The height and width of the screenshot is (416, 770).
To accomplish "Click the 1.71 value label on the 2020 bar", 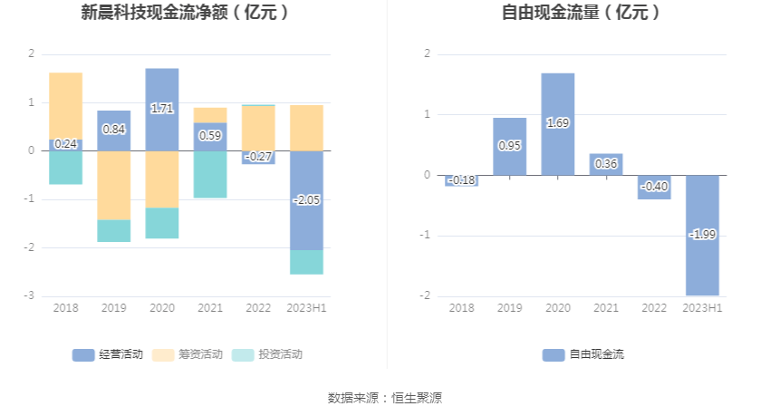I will click(162, 109).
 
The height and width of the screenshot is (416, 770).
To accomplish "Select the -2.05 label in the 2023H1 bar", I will click(307, 200).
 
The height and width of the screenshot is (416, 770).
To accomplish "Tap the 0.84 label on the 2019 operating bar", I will click(114, 130).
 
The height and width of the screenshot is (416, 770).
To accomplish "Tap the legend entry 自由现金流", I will click(583, 354).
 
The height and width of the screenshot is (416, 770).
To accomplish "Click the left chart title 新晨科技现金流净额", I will click(185, 13).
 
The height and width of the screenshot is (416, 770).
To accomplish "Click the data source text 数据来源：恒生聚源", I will click(384, 398).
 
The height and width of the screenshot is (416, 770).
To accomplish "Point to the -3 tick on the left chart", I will click(31, 296).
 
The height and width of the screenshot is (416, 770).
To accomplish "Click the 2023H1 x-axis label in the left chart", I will click(306, 308).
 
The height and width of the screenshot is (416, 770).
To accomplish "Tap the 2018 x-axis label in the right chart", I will click(461, 308).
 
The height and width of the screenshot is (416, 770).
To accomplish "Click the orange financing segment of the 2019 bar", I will click(114, 185).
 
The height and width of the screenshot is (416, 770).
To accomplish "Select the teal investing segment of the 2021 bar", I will click(210, 174).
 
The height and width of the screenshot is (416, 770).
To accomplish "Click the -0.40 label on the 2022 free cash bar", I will click(655, 187).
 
